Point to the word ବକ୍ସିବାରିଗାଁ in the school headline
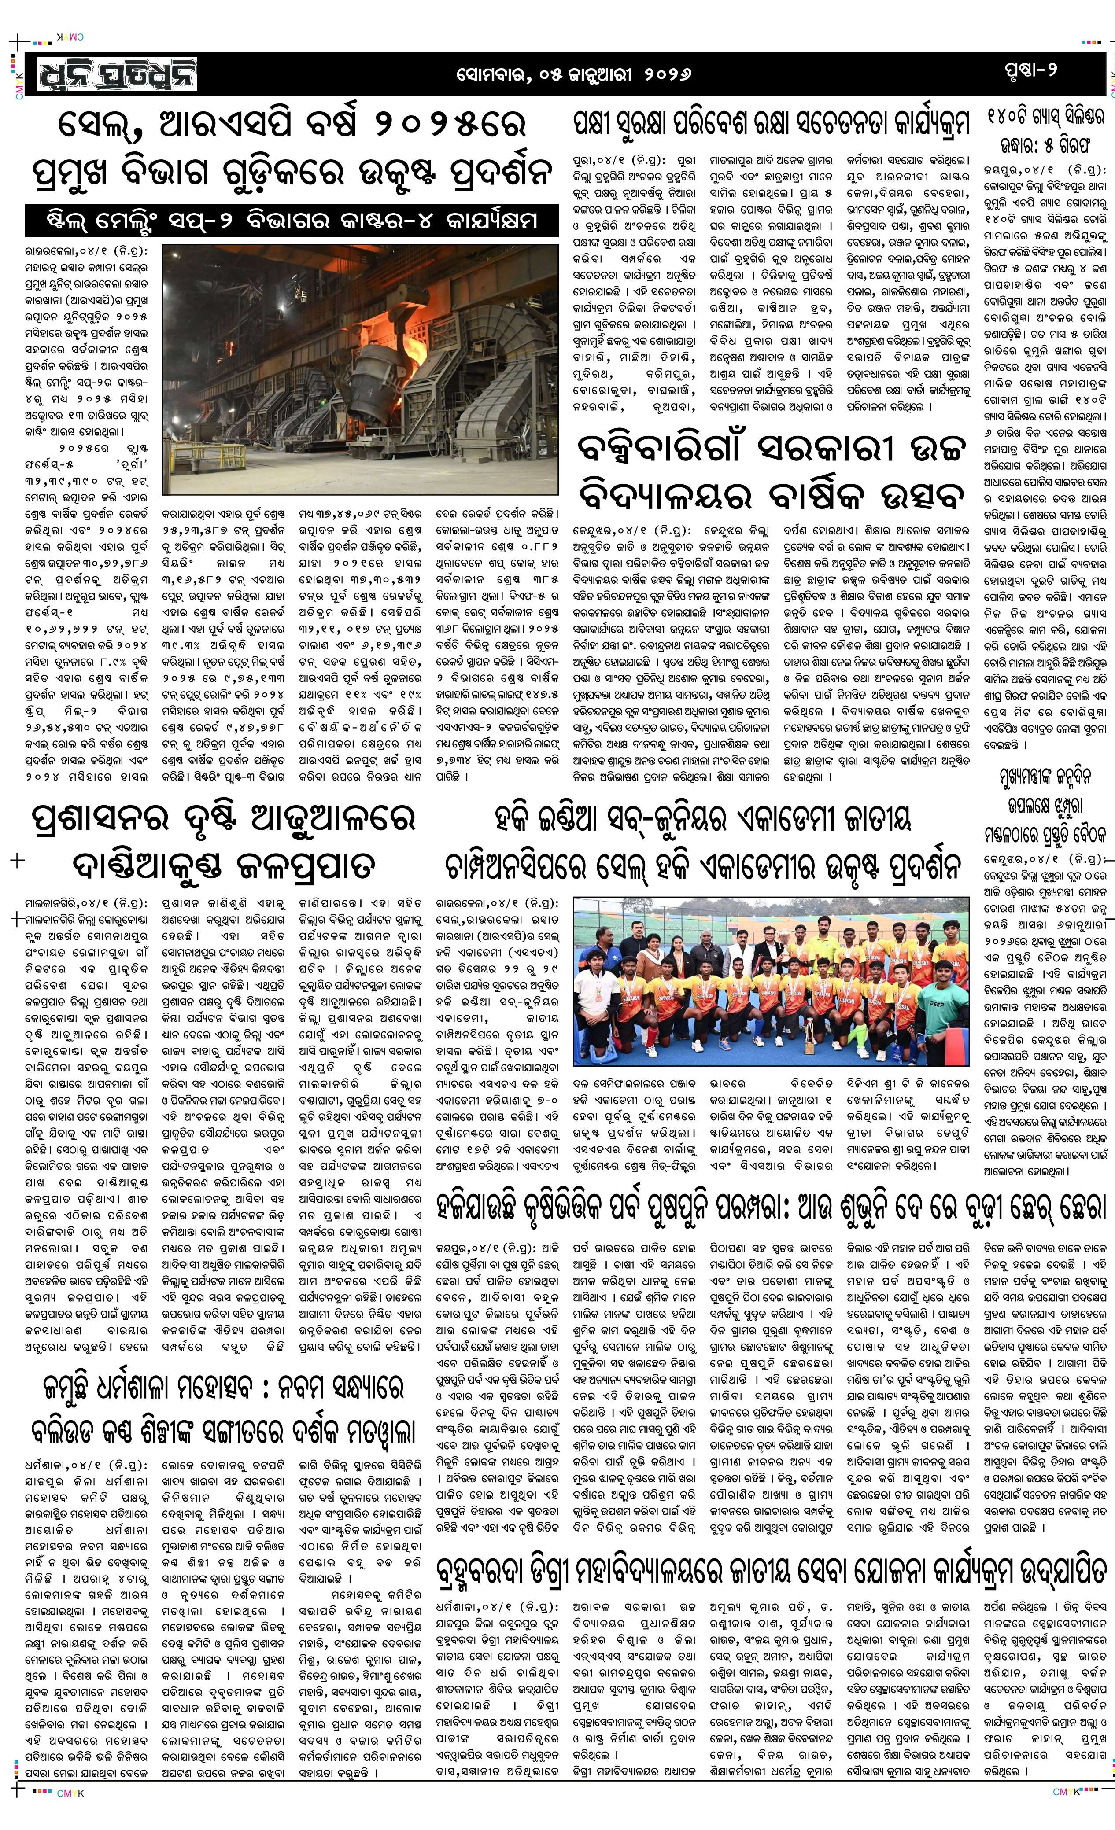click(x=653, y=449)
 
